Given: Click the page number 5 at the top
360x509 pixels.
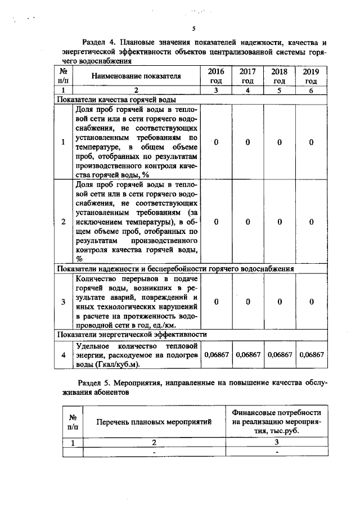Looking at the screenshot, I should click(x=193, y=29).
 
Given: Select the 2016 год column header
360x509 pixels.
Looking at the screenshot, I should click(x=216, y=76).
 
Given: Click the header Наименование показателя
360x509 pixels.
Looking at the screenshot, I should click(x=137, y=76).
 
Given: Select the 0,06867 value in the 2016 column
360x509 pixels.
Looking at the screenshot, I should click(x=216, y=355).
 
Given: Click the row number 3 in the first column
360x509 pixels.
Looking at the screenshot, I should click(x=64, y=302).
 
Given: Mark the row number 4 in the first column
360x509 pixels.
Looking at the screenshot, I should click(x=64, y=355).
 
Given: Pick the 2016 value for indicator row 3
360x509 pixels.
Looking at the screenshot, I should click(x=216, y=302).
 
